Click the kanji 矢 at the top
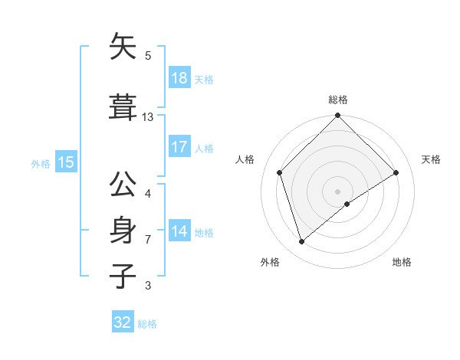coord(123,47)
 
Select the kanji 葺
coord(123,108)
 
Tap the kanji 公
coord(123,186)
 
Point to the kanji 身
coord(123,231)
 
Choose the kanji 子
coord(123,277)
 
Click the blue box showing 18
coord(179,78)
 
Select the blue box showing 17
coord(179,147)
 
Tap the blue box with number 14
coord(179,231)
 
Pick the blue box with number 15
coord(65,162)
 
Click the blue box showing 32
coord(123,322)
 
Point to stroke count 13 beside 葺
coord(148,117)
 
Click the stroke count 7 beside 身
coord(148,240)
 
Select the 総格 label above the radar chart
coord(337,100)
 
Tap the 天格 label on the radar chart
coord(432,159)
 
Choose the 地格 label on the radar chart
coord(402,262)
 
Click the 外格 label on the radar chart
coord(270,262)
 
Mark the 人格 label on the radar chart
coord(245,159)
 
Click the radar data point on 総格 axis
coord(337,116)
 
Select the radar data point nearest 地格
coord(347,204)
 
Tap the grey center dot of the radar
coord(337,191)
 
